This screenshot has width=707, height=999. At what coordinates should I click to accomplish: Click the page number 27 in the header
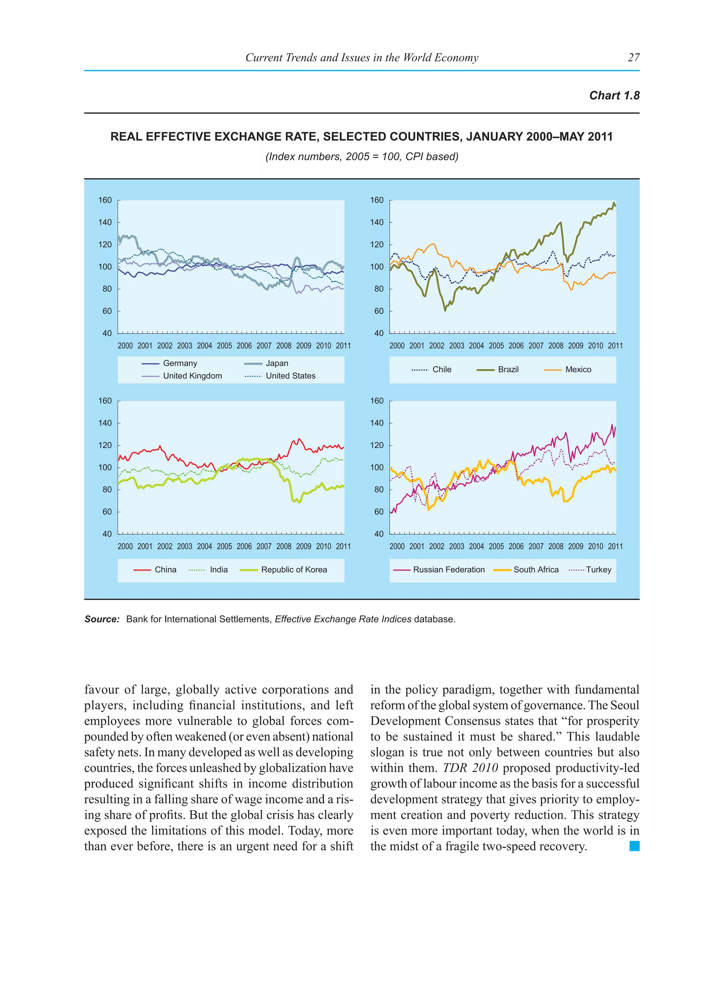633,57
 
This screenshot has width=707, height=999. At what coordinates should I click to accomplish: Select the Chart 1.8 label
614,96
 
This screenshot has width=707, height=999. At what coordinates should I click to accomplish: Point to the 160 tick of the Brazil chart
377,200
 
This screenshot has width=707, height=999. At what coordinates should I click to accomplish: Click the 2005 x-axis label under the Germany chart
224,346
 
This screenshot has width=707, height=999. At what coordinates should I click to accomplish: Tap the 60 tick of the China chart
107,512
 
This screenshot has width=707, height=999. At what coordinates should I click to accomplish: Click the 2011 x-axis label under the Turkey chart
615,546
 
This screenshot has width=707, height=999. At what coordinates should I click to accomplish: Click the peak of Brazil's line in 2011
614,203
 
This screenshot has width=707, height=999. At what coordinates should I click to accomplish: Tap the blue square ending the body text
634,846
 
